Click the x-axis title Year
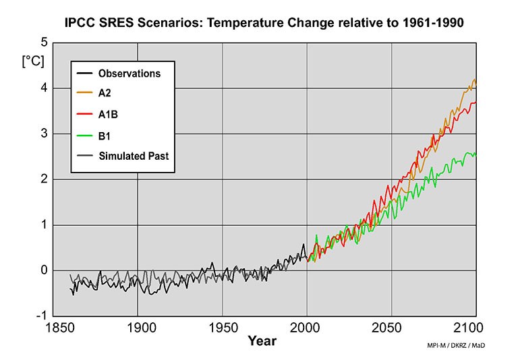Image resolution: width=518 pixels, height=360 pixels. (x=262, y=341)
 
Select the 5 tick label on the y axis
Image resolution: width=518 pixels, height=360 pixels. (x=44, y=42)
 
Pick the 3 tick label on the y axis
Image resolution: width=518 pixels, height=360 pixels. (x=44, y=133)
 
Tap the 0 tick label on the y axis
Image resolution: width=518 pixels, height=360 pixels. (x=44, y=270)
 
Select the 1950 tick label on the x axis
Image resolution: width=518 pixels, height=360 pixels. (x=222, y=328)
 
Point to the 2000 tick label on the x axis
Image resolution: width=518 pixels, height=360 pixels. (x=307, y=328)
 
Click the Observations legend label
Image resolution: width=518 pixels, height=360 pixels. (x=129, y=73)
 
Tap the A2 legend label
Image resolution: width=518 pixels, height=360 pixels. (x=105, y=94)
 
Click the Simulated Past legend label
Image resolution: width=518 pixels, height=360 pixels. (x=134, y=156)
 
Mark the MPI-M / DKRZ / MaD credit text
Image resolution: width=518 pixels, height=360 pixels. (x=456, y=346)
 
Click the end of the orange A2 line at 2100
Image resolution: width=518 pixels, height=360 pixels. (x=476, y=82)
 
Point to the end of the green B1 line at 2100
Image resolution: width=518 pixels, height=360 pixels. (x=476, y=154)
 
